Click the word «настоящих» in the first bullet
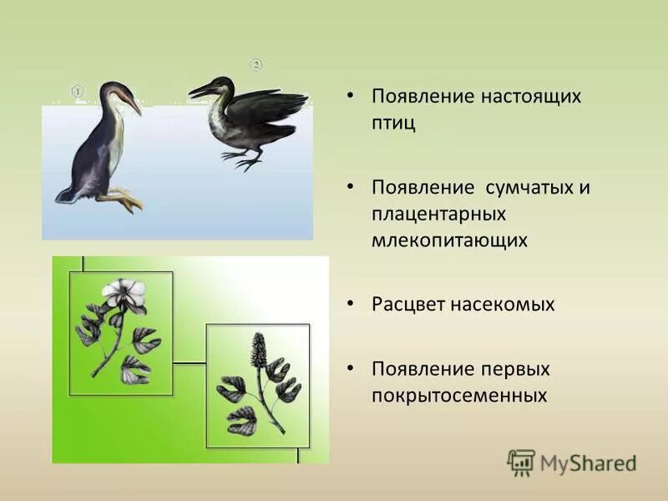[x=530, y=95]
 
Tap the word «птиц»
[x=393, y=123]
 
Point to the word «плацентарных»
[x=439, y=214]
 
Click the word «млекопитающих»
[x=450, y=240]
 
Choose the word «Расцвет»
[x=409, y=305]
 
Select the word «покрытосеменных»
[x=459, y=395]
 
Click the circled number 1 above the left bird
[x=77, y=90]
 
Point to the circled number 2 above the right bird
[x=256, y=64]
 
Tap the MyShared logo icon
[x=520, y=461]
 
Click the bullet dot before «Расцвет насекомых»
[x=352, y=305]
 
